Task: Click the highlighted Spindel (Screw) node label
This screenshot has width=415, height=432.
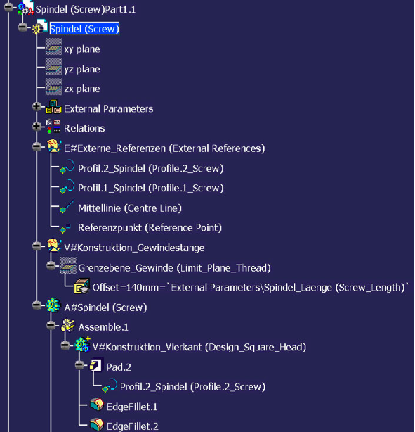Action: click(x=84, y=29)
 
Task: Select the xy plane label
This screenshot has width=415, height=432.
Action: click(x=82, y=49)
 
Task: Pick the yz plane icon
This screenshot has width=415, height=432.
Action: click(x=53, y=67)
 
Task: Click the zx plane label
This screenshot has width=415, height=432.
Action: click(x=82, y=89)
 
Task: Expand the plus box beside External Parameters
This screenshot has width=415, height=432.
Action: click(x=37, y=107)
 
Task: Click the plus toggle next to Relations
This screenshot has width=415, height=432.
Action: click(x=37, y=127)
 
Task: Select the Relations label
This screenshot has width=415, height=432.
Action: click(x=84, y=128)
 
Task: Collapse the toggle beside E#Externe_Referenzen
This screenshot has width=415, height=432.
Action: click(x=37, y=146)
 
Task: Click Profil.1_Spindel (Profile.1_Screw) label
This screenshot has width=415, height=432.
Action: click(x=151, y=188)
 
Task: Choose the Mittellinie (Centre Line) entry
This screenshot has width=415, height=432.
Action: click(x=130, y=208)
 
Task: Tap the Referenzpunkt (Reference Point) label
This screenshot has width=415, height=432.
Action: click(x=150, y=228)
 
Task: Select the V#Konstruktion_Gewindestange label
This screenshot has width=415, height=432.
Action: click(x=134, y=248)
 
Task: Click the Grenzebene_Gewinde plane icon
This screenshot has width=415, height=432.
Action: click(x=68, y=265)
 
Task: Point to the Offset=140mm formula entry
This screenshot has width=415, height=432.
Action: click(x=250, y=288)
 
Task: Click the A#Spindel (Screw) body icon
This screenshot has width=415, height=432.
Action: click(x=53, y=305)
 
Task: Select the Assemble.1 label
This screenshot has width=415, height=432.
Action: click(x=103, y=327)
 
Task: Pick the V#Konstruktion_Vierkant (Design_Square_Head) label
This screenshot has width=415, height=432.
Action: click(x=199, y=347)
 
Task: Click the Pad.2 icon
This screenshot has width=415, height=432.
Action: click(x=96, y=364)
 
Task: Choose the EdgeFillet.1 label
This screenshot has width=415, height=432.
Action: click(x=132, y=407)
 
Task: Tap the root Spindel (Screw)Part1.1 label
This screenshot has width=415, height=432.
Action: click(x=86, y=10)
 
